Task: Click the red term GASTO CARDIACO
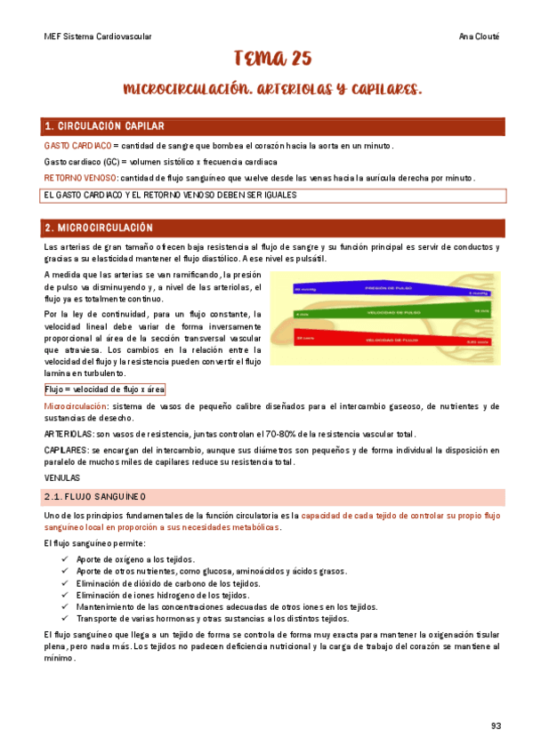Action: [77, 145]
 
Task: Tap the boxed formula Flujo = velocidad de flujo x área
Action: [104, 389]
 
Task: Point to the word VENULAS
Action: [61, 477]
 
